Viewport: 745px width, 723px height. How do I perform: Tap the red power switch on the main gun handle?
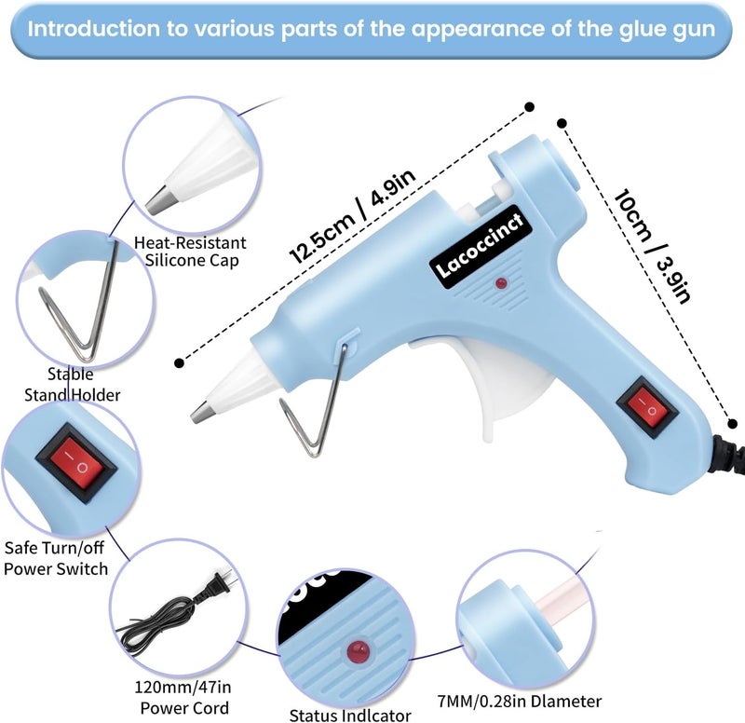[x=646, y=407]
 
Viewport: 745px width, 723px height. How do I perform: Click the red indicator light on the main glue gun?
[x=501, y=284]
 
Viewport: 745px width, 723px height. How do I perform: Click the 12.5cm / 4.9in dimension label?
[x=353, y=216]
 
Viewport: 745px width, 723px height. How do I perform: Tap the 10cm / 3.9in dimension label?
[x=652, y=246]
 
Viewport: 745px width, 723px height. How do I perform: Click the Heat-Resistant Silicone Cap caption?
[x=191, y=252]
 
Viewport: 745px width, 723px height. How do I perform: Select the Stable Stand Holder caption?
[x=72, y=385]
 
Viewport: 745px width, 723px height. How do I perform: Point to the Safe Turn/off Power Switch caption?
[x=55, y=558]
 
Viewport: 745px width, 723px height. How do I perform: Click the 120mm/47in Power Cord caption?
[x=183, y=697]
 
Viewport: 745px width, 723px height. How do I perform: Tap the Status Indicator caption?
[x=350, y=715]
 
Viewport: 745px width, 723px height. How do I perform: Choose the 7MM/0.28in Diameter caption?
[x=520, y=702]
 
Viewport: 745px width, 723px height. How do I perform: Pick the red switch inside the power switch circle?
[x=76, y=464]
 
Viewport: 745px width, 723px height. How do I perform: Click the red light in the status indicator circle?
[x=359, y=650]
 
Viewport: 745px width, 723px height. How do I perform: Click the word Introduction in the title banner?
[x=94, y=29]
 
